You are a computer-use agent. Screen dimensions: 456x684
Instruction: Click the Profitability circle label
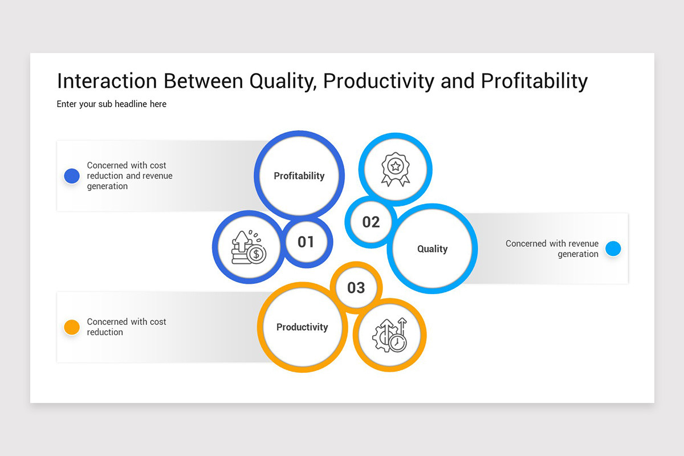click(299, 176)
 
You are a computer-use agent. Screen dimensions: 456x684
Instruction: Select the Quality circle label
click(432, 249)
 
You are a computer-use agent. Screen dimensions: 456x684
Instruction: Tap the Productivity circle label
click(302, 327)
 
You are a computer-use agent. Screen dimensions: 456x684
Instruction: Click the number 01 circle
click(306, 242)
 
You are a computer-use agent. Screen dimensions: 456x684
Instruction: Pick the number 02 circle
click(370, 222)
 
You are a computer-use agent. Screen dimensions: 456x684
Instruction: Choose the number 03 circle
click(356, 287)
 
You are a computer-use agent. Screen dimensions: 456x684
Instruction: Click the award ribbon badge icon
click(395, 169)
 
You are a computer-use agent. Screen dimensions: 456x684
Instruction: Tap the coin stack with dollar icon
click(248, 248)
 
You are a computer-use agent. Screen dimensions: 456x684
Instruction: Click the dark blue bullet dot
click(72, 176)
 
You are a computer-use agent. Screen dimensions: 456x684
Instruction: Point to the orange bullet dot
click(72, 327)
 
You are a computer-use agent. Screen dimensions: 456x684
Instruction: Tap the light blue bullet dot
click(613, 249)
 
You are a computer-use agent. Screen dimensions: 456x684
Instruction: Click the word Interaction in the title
click(107, 81)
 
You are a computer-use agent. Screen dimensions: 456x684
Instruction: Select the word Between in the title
click(203, 81)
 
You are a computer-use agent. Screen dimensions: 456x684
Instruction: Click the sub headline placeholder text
click(112, 104)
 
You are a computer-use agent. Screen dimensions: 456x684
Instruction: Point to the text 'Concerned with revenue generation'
click(552, 249)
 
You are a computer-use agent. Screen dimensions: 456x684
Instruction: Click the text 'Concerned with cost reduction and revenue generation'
click(129, 176)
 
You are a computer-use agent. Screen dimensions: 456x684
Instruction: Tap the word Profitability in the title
click(534, 81)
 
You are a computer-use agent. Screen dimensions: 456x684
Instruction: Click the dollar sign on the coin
click(256, 254)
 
